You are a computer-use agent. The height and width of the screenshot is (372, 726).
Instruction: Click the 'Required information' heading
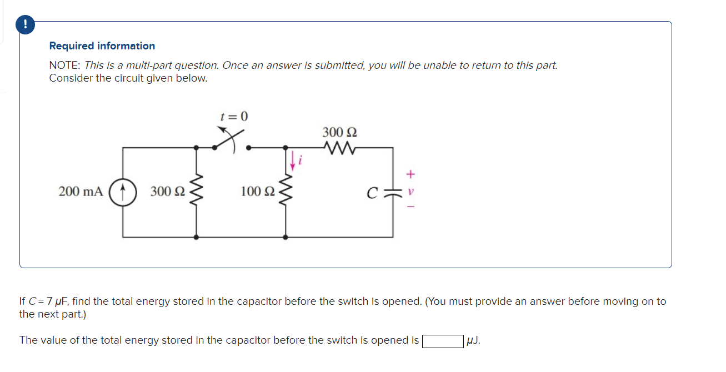click(x=102, y=46)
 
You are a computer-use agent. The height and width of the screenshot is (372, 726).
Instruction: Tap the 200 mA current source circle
click(x=122, y=192)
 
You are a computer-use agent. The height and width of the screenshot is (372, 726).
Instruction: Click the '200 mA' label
click(x=81, y=192)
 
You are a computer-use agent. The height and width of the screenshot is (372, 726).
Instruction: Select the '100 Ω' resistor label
click(x=258, y=192)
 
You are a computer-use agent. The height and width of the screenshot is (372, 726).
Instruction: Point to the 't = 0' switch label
click(x=234, y=117)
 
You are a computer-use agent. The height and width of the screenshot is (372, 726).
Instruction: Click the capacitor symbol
click(x=393, y=192)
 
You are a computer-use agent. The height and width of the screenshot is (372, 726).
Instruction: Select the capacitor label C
click(x=371, y=193)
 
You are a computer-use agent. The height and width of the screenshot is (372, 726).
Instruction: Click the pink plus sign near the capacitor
click(x=410, y=174)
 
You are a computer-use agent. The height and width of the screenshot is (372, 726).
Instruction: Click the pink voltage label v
click(x=410, y=192)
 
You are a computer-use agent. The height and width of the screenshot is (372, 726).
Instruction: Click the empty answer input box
click(x=443, y=340)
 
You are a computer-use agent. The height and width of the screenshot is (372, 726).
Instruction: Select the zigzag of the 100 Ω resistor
click(x=286, y=192)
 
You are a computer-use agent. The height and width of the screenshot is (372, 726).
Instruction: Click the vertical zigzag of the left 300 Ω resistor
click(x=196, y=192)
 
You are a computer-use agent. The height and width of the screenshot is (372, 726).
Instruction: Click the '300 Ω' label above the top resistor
click(x=339, y=132)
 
